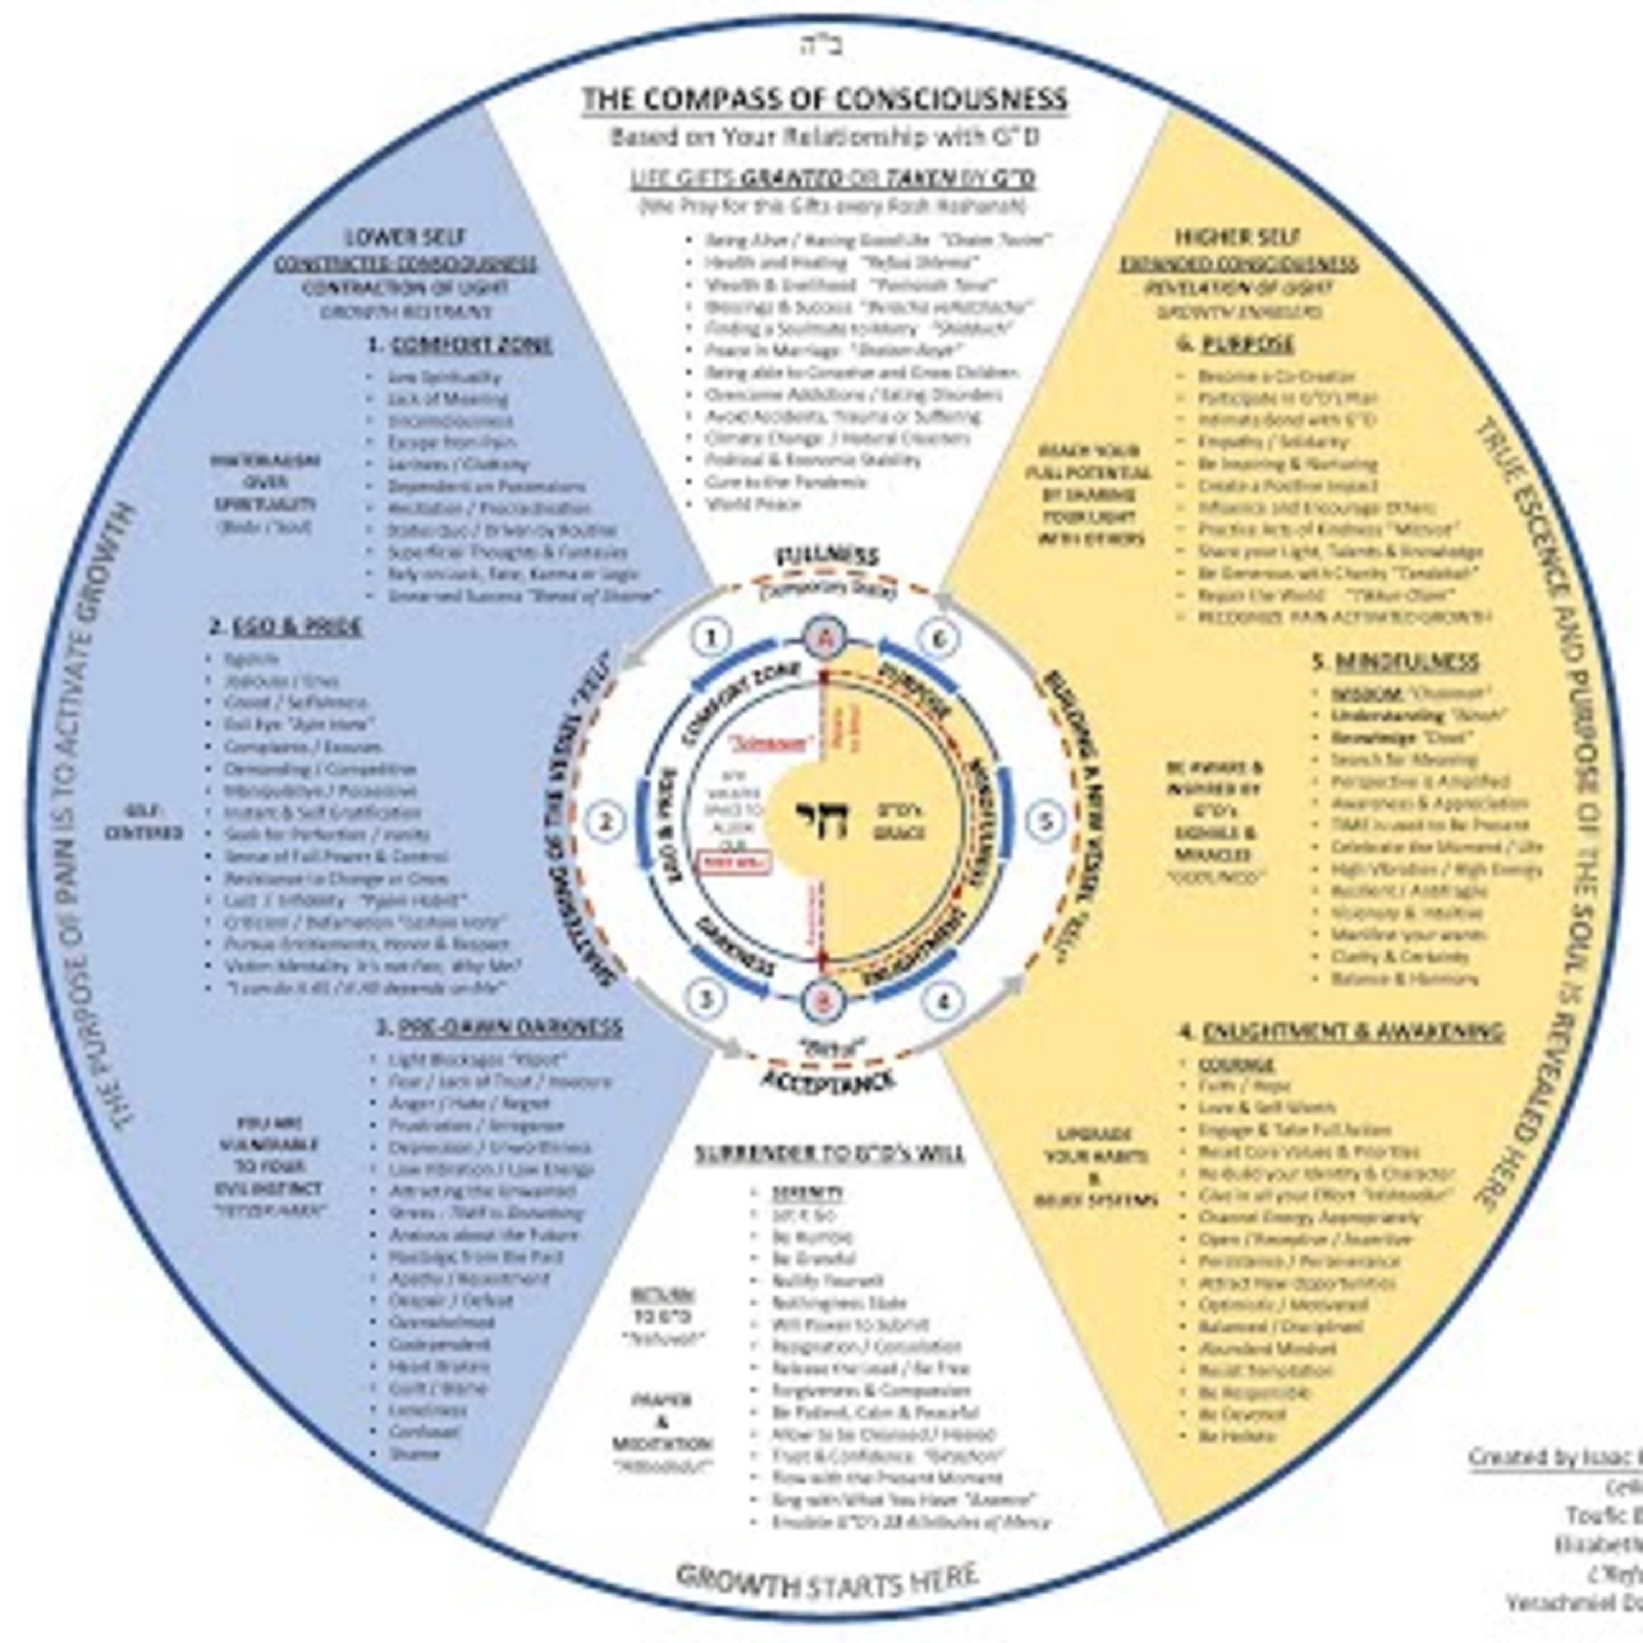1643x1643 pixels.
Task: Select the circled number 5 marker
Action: pyautogui.click(x=1045, y=821)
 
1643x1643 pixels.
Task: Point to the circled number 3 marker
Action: pyautogui.click(x=705, y=999)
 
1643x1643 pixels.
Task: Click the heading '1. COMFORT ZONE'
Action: pyautogui.click(x=460, y=345)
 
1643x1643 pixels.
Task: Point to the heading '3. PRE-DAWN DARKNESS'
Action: pyautogui.click(x=499, y=1026)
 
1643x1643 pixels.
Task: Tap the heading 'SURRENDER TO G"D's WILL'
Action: pyautogui.click(x=829, y=1153)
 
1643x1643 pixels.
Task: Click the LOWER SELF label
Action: pyautogui.click(x=405, y=237)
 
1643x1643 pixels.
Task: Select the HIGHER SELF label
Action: pyautogui.click(x=1237, y=237)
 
